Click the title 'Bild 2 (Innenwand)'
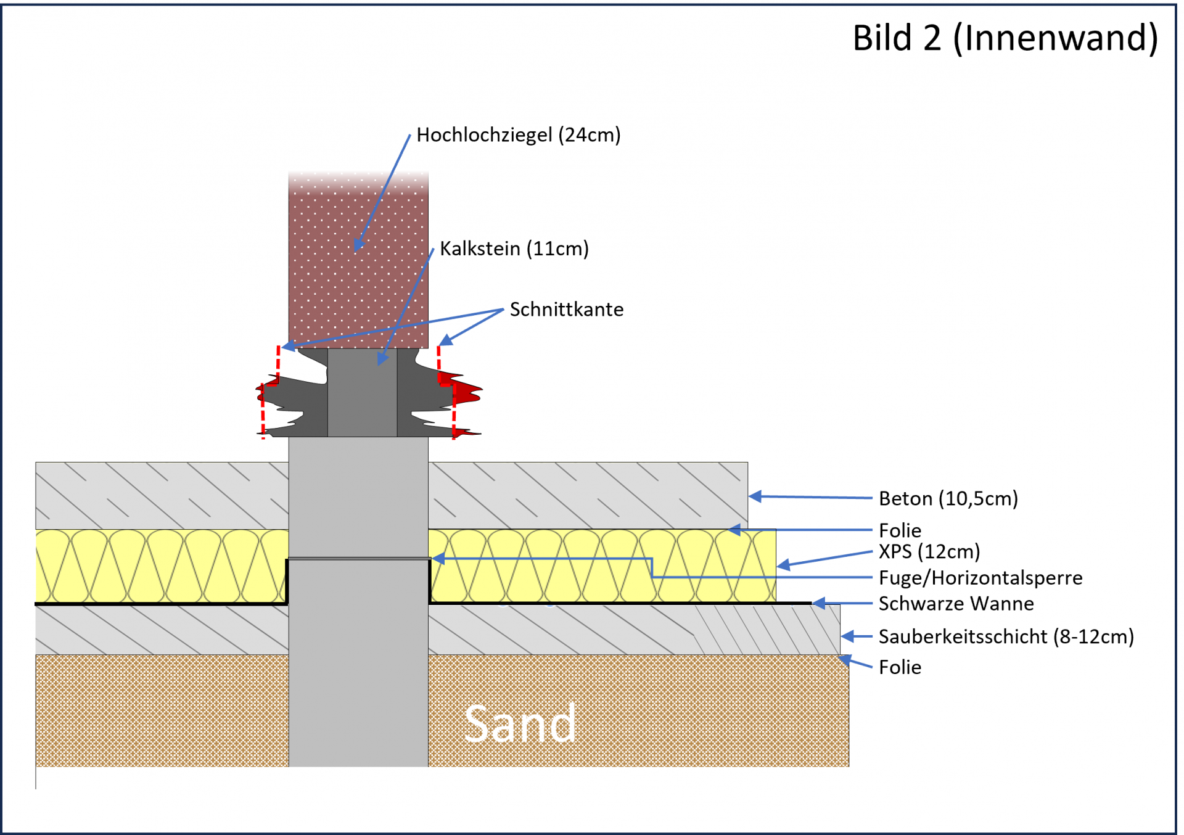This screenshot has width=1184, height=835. (1005, 38)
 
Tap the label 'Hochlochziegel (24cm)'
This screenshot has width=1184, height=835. (518, 135)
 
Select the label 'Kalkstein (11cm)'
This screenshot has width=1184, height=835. (514, 249)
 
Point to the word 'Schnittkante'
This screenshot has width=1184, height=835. (566, 310)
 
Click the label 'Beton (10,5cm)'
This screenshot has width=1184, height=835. (948, 498)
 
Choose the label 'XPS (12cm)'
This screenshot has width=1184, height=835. (929, 551)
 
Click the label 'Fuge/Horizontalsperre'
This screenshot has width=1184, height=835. (980, 578)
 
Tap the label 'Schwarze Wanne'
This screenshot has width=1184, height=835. (956, 604)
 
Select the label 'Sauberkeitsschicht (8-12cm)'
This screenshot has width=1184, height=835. (1006, 636)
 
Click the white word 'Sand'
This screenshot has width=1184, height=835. (520, 724)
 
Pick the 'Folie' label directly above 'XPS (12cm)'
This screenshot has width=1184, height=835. (900, 530)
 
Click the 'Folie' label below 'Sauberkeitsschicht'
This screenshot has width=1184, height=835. (900, 667)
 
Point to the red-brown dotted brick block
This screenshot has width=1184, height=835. (358, 265)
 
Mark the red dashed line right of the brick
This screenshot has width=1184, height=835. (439, 365)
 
